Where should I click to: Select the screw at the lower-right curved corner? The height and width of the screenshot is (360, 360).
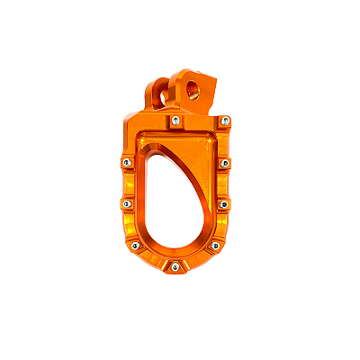pos(214,245)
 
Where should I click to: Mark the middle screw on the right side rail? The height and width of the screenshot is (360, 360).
pos(225,203)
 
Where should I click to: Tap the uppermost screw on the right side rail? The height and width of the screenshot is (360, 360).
pos(225,163)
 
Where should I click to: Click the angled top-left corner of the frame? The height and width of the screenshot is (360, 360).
pos(132,123)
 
